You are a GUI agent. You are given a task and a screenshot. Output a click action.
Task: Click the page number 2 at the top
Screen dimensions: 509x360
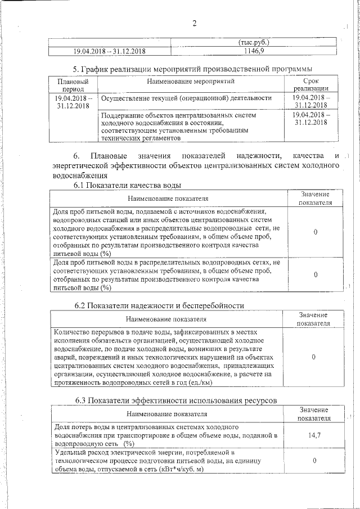[194, 23]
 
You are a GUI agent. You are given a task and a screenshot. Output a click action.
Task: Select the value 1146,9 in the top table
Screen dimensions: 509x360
[254, 51]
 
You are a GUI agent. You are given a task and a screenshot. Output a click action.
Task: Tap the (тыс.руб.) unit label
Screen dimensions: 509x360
[254, 42]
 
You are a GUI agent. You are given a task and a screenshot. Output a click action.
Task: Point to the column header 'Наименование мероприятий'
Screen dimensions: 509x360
[191, 82]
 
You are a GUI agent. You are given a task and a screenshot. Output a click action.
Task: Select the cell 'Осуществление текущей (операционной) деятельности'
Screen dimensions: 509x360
[186, 98]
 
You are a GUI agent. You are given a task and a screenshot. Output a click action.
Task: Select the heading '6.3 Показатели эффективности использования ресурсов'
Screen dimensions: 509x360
[176, 400]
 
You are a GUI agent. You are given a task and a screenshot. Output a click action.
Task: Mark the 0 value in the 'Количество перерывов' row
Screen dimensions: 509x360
[313, 357]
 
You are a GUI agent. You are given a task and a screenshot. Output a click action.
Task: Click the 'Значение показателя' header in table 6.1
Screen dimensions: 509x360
[315, 198]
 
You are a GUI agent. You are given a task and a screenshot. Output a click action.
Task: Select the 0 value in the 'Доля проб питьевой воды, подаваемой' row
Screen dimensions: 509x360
[315, 232]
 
